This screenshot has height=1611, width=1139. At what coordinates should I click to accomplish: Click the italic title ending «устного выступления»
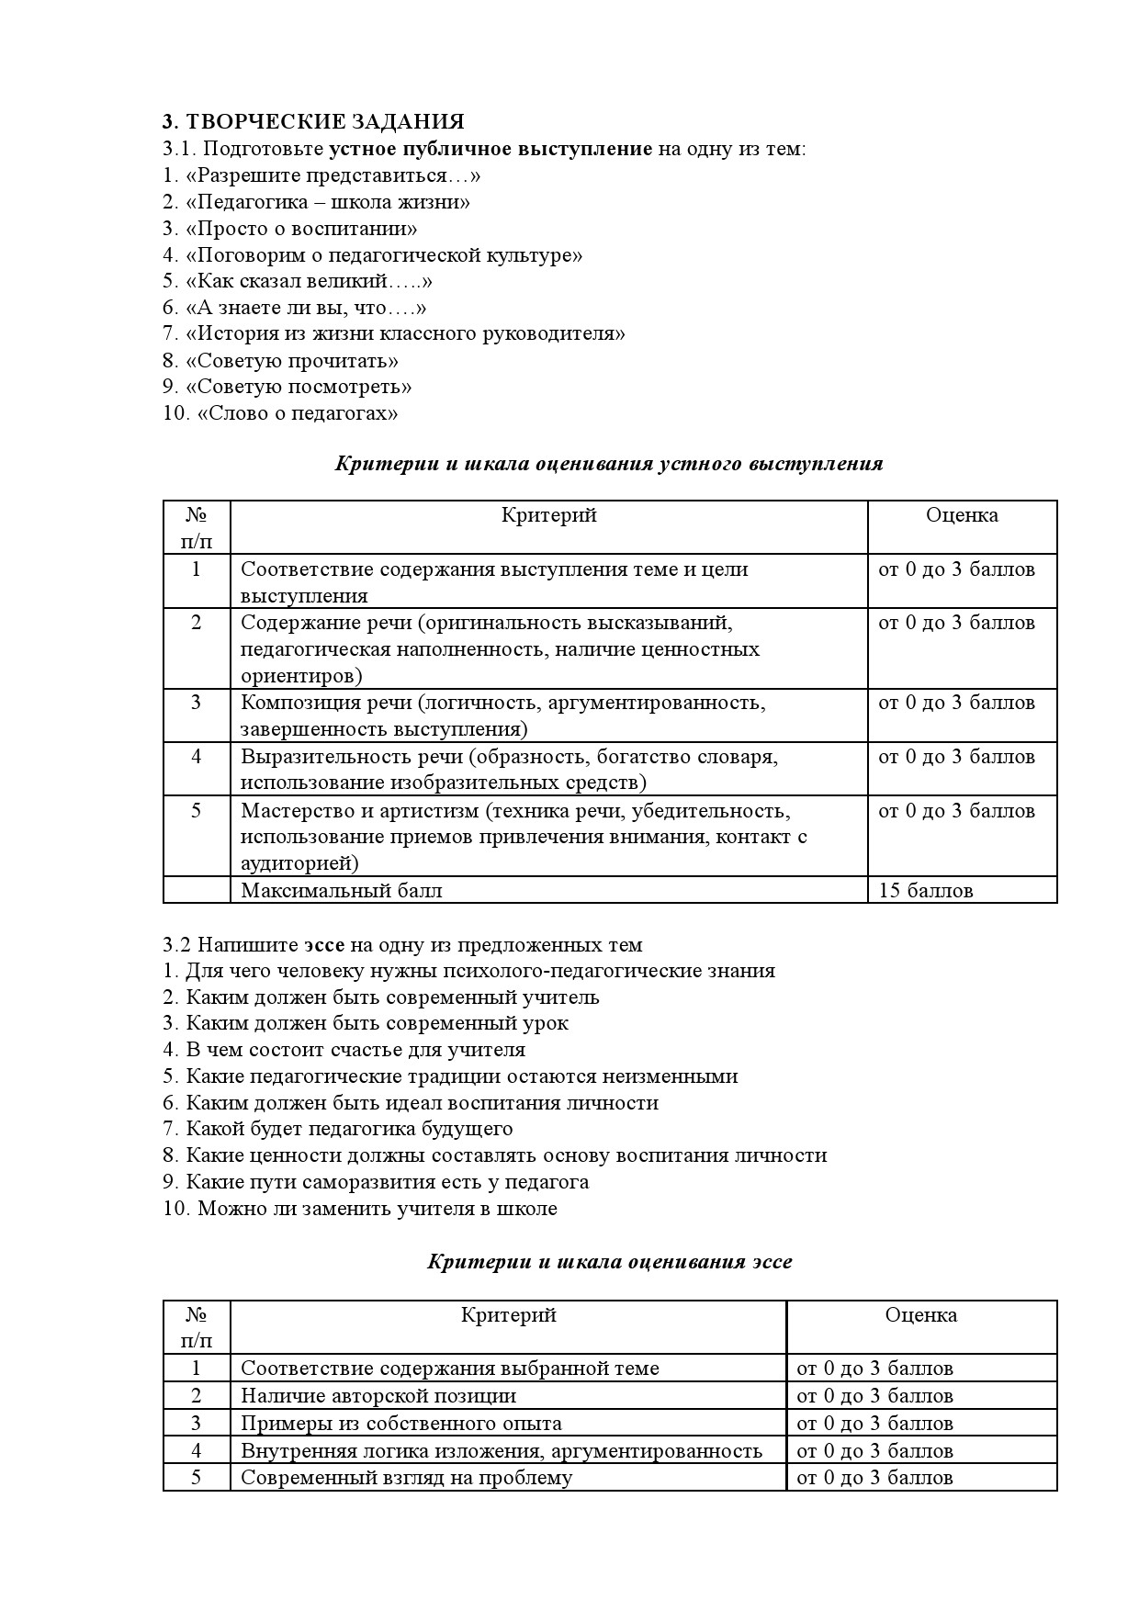tap(608, 464)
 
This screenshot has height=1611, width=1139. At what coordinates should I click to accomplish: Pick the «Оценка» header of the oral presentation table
tap(962, 515)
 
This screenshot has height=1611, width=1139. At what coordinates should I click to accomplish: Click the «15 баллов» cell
tap(926, 890)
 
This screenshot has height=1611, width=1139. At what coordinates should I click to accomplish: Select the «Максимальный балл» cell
tap(342, 890)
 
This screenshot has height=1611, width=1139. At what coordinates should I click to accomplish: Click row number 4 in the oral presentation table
tap(196, 757)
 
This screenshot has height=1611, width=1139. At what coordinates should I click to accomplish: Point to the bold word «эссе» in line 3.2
tap(325, 944)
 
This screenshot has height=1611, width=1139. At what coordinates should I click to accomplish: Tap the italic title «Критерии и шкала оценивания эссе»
tap(609, 1262)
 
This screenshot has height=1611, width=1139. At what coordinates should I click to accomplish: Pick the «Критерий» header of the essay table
tap(509, 1315)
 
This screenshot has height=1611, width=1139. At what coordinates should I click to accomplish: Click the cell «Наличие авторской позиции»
tap(378, 1396)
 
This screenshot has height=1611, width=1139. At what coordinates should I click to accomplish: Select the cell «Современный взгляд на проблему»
tap(406, 1477)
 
